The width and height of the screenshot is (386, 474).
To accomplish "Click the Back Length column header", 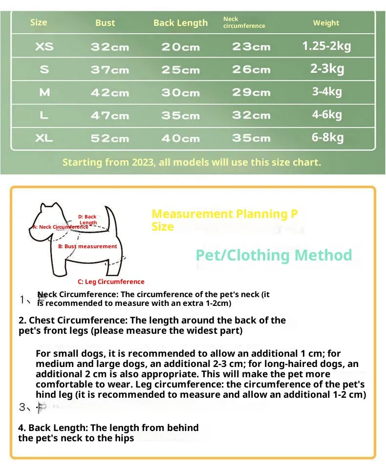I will [x=180, y=23].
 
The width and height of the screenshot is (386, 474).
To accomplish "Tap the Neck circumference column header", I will [x=244, y=22].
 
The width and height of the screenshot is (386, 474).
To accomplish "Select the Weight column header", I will [x=326, y=23].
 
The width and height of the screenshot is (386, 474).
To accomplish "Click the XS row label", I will [x=44, y=46].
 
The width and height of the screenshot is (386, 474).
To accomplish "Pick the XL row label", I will [x=44, y=138].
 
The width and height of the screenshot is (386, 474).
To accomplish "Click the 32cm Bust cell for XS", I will [x=109, y=47].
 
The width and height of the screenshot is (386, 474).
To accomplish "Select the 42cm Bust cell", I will [x=109, y=93].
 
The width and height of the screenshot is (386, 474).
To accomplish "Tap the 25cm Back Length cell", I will [x=180, y=70].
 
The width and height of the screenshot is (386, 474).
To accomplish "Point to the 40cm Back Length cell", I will [x=180, y=138].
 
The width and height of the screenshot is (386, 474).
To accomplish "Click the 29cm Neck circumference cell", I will [x=251, y=92].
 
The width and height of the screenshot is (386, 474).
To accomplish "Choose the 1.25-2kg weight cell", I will [x=326, y=46].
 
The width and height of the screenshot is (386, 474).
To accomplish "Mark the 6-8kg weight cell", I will [x=327, y=137].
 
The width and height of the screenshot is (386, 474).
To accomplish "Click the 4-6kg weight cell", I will [x=327, y=114].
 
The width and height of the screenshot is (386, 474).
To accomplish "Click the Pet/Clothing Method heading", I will [x=274, y=255].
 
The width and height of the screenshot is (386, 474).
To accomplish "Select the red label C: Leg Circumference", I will [x=111, y=281].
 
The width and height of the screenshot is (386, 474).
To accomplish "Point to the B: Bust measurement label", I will [x=87, y=246].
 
